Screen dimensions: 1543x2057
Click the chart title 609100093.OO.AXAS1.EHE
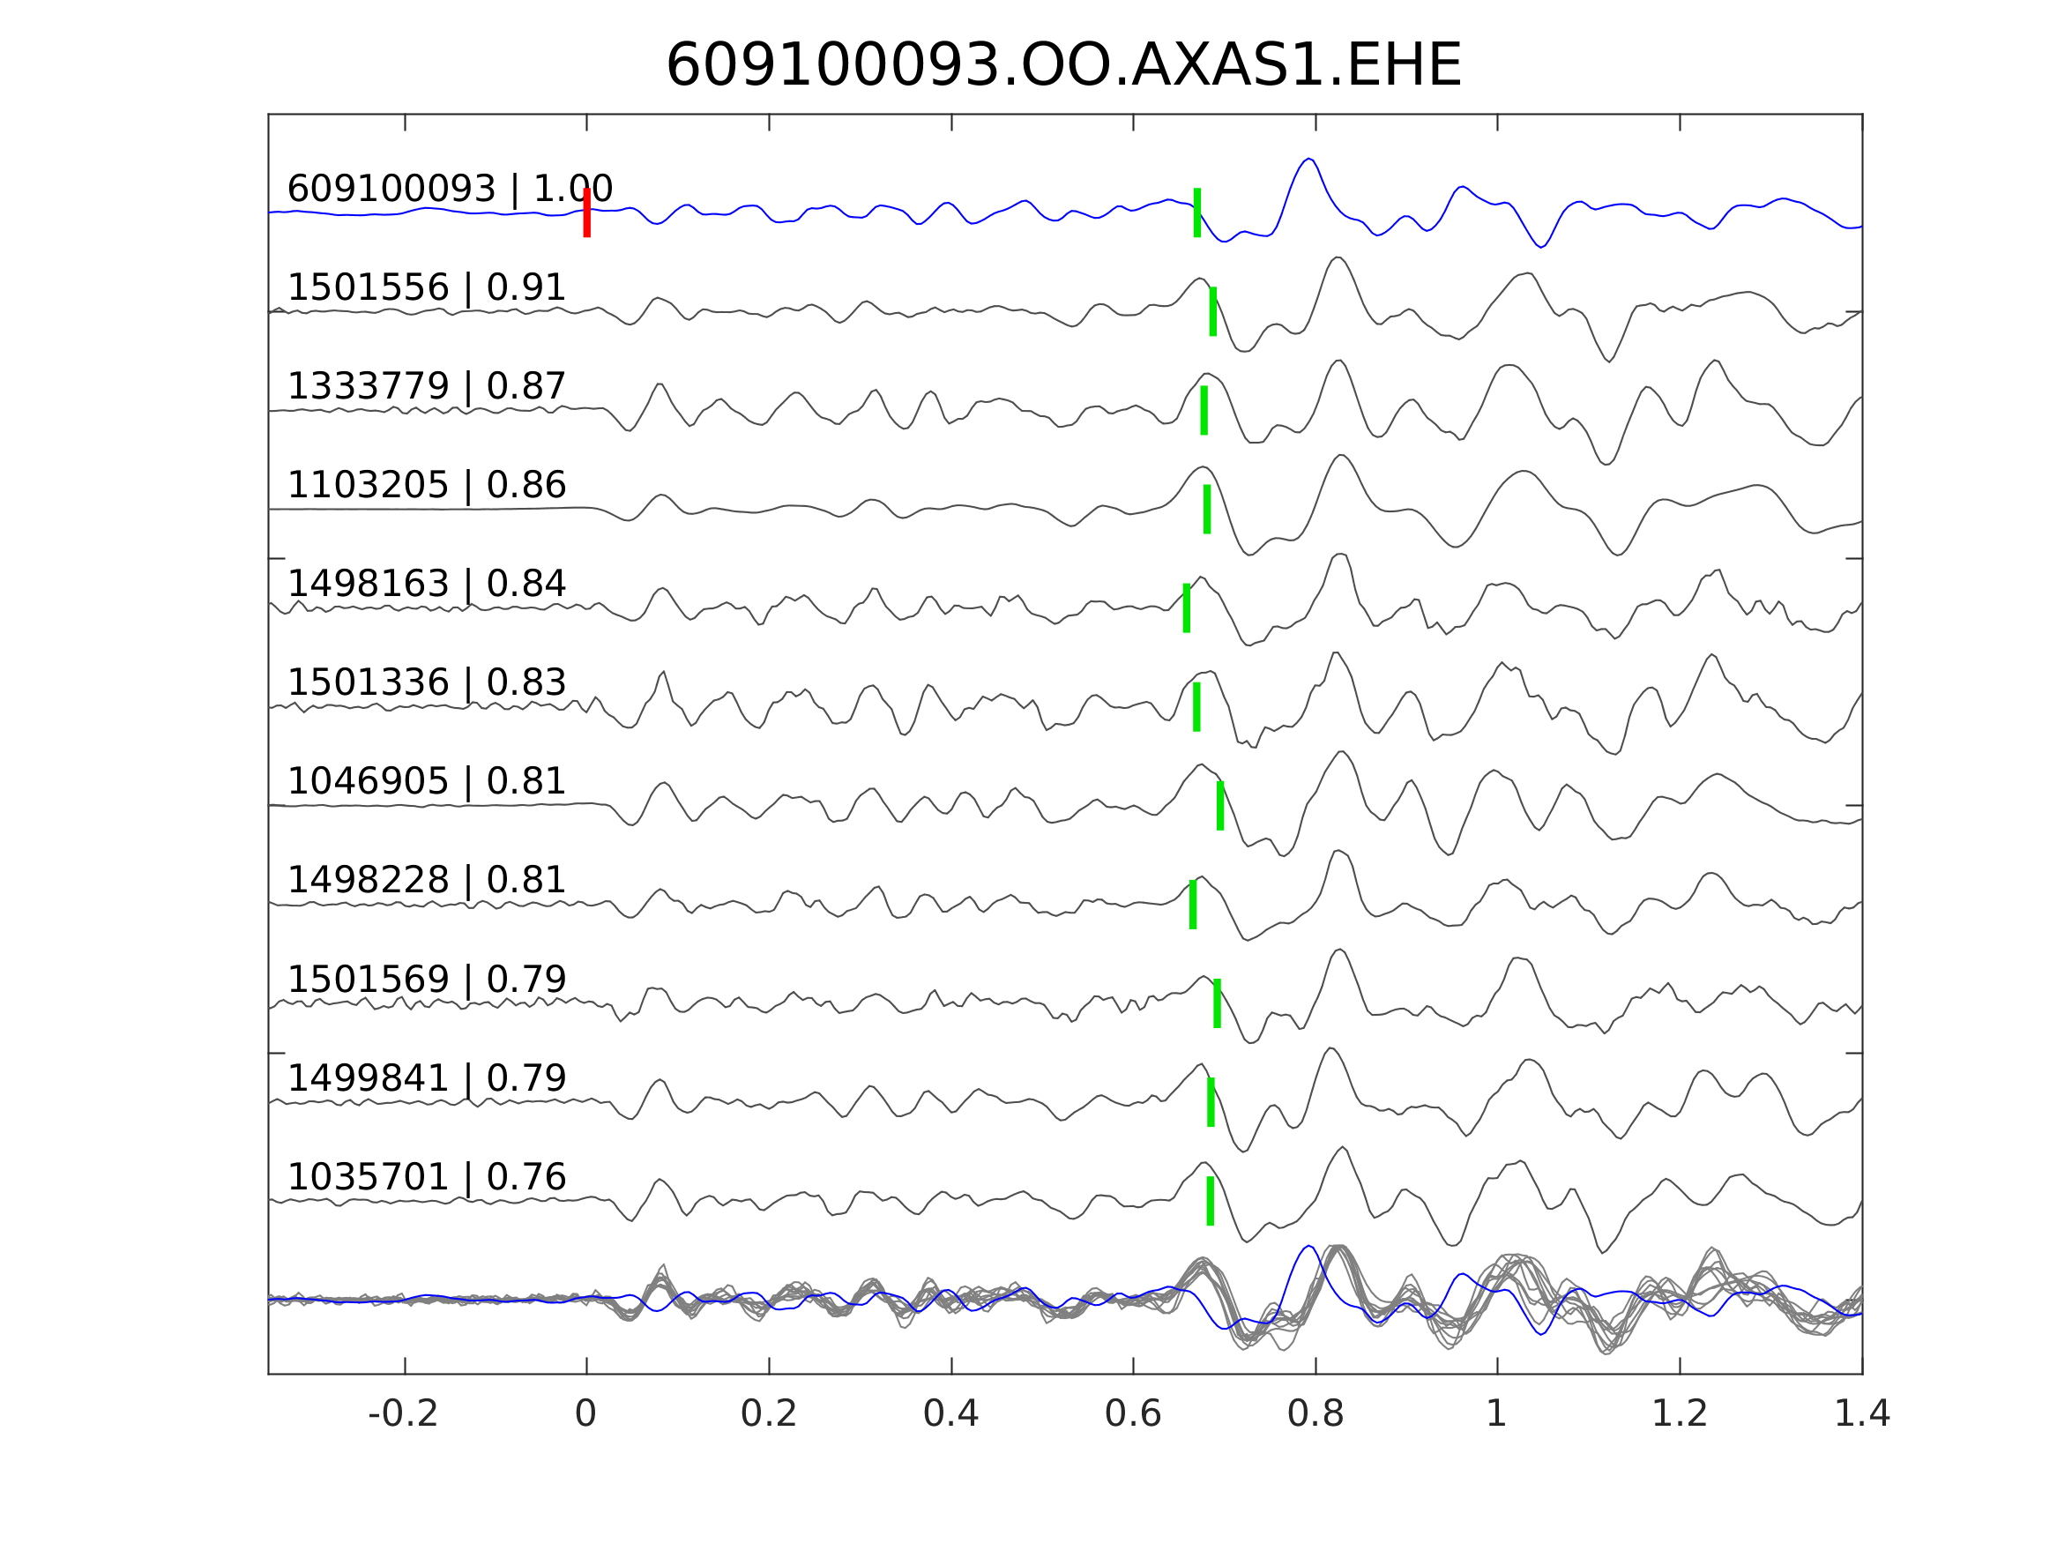tap(1064, 66)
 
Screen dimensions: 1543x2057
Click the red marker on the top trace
tap(587, 212)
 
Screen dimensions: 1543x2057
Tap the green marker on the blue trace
tap(1196, 212)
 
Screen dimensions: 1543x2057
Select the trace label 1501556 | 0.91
tap(426, 287)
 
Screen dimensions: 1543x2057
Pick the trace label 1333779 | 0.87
tap(426, 386)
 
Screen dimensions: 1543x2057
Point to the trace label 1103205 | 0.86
tap(426, 485)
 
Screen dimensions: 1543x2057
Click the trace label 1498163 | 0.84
tap(426, 584)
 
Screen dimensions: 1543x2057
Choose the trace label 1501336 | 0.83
tap(426, 682)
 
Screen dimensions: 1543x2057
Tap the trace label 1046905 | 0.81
tap(426, 781)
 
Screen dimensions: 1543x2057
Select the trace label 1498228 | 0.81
tap(426, 880)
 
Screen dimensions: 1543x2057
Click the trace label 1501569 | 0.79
tap(426, 980)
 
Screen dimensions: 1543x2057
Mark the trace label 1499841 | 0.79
tap(426, 1078)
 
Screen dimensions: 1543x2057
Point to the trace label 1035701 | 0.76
tap(426, 1176)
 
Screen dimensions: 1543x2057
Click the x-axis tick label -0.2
tap(403, 1413)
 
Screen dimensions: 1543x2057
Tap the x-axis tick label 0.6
tap(1133, 1413)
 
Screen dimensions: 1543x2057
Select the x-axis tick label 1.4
tap(1860, 1413)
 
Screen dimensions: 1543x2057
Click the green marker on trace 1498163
tap(1187, 608)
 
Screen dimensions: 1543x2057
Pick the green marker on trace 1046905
tap(1220, 806)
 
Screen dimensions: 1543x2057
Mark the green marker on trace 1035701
tap(1210, 1201)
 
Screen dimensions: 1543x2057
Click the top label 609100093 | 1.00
tap(449, 189)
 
